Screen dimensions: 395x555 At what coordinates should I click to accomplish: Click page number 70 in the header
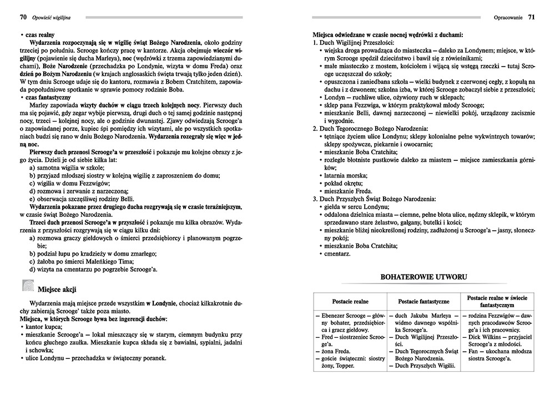pyautogui.click(x=23, y=18)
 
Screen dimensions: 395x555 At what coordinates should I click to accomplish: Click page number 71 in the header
pyautogui.click(x=531, y=18)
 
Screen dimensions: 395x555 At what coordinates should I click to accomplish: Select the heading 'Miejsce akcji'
pyautogui.click(x=57, y=289)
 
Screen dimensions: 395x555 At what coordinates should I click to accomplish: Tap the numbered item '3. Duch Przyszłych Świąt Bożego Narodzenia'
pyautogui.click(x=375, y=198)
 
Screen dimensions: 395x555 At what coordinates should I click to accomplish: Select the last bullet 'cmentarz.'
pyautogui.click(x=337, y=253)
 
